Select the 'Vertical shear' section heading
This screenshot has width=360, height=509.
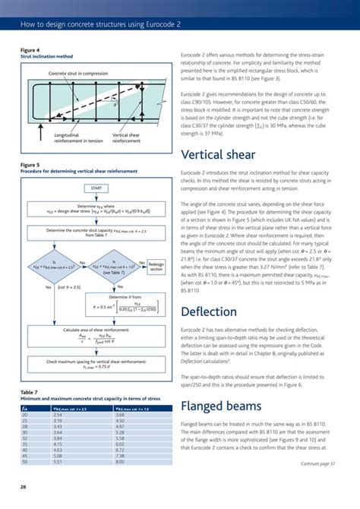coord(228,156)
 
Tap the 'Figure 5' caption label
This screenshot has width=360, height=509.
coord(30,163)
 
